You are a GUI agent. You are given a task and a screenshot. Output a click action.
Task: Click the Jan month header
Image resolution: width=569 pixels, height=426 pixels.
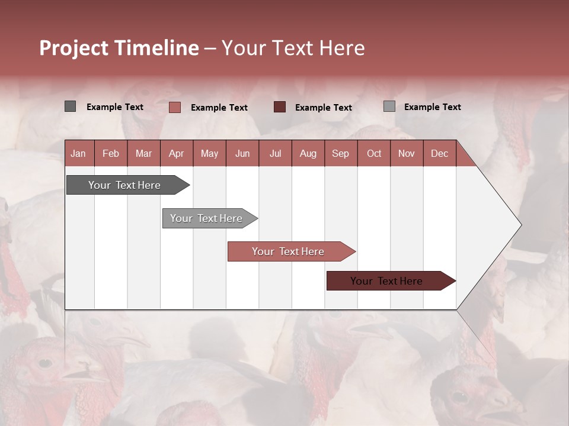point(78,153)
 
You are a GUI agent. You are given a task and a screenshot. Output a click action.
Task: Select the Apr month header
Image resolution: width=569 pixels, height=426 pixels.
point(176,153)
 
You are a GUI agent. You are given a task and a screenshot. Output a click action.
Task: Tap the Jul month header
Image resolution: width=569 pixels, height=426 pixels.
point(275,153)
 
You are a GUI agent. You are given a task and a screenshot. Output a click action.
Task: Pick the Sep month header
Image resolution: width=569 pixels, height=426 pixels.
point(340,153)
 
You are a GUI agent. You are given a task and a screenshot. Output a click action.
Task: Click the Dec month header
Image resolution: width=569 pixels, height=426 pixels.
point(439,153)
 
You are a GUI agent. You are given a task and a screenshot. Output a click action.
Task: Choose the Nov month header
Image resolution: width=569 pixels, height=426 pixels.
point(406,153)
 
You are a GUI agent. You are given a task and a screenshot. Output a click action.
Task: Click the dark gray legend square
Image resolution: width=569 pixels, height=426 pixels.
point(70,106)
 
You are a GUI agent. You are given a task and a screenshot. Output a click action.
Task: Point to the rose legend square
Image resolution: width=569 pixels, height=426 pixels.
point(174,107)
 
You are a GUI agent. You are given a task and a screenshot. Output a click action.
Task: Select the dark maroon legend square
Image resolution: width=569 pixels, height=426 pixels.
point(279,107)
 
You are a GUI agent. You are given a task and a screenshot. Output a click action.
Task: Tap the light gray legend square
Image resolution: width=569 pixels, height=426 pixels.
point(389,106)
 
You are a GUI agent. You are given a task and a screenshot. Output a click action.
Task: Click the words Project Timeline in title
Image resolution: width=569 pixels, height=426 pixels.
point(119,48)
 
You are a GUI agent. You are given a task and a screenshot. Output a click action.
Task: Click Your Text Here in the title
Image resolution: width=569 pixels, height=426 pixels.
point(293,48)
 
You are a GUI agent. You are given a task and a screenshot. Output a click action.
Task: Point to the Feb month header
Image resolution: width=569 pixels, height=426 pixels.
point(111,153)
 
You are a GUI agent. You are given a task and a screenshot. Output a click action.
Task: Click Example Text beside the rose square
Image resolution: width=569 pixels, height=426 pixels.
point(219,108)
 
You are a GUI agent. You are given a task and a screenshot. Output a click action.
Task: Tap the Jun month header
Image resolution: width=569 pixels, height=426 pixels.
point(242,153)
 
